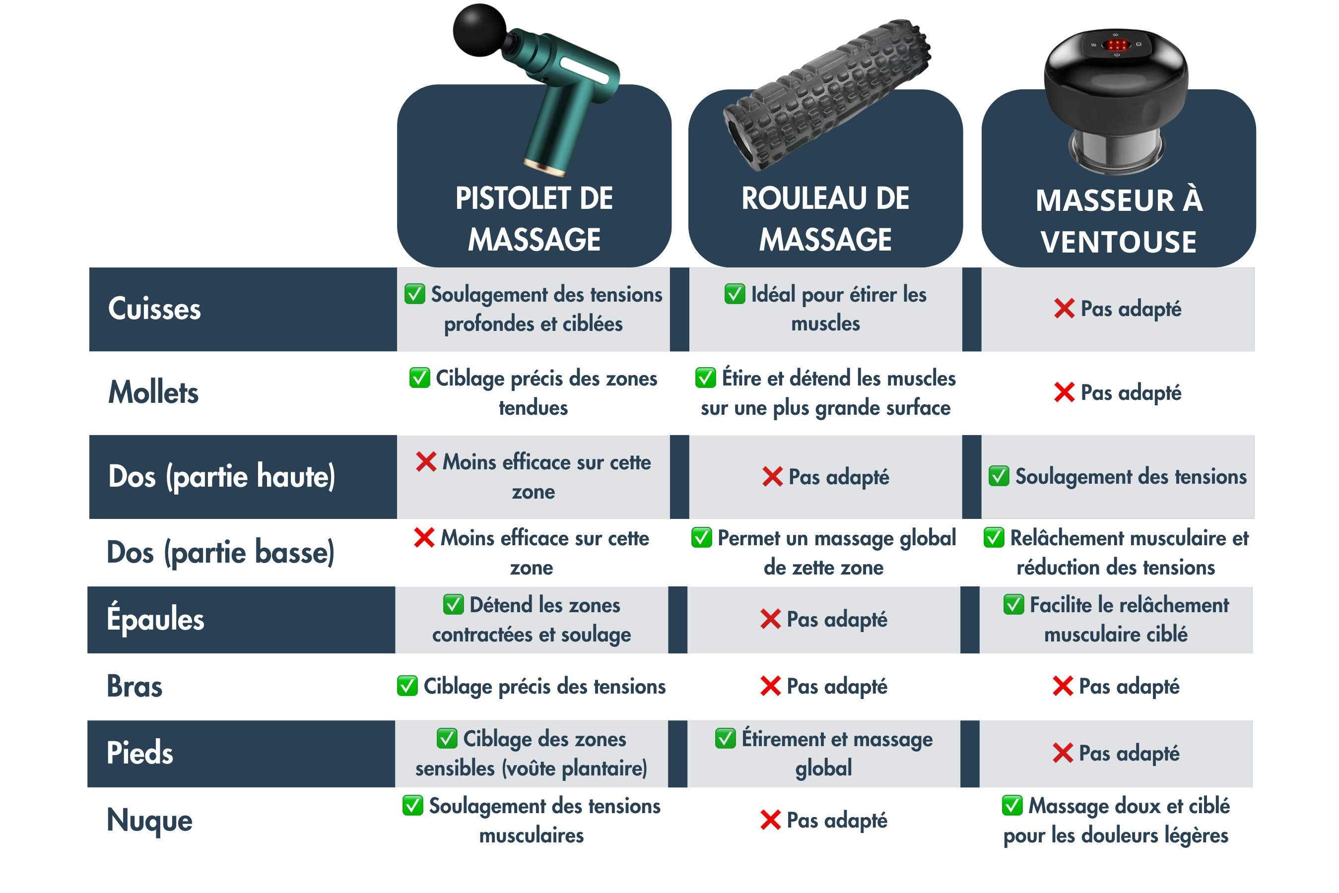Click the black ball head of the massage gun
point(479,30)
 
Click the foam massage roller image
point(827,95)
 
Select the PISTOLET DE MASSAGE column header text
point(534,219)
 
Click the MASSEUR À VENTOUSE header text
point(1119,221)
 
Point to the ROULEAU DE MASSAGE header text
point(825,219)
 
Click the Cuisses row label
point(154,309)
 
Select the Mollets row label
point(153,392)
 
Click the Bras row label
point(134,686)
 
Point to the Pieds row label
point(139,753)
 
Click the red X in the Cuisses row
point(1064,309)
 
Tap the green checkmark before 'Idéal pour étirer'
point(734,294)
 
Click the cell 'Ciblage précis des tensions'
point(532,686)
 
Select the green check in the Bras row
point(407,686)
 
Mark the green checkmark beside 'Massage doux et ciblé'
point(1012,805)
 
